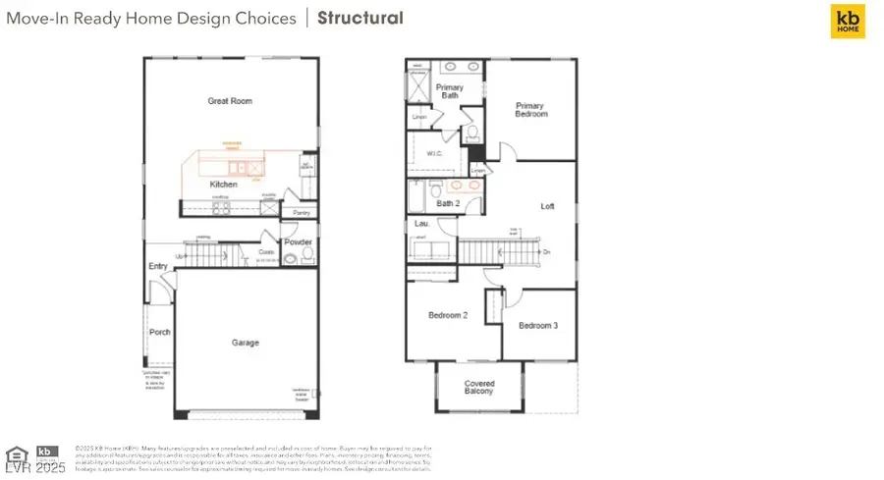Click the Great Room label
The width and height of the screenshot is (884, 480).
(x=225, y=101)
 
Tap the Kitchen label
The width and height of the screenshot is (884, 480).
(x=223, y=185)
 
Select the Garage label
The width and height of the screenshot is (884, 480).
(x=245, y=343)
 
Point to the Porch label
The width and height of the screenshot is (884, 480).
(x=159, y=333)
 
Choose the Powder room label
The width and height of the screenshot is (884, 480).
(x=298, y=241)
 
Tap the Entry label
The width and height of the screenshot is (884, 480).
(x=158, y=266)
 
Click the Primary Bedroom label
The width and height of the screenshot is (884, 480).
(x=530, y=109)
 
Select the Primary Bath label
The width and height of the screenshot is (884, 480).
(x=450, y=91)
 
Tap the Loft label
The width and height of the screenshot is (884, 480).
(x=547, y=206)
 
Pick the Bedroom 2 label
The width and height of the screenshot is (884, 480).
(x=448, y=315)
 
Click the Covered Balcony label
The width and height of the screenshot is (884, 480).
(x=479, y=388)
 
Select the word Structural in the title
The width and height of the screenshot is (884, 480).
(x=359, y=18)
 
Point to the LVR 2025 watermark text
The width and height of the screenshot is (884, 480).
(x=33, y=468)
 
